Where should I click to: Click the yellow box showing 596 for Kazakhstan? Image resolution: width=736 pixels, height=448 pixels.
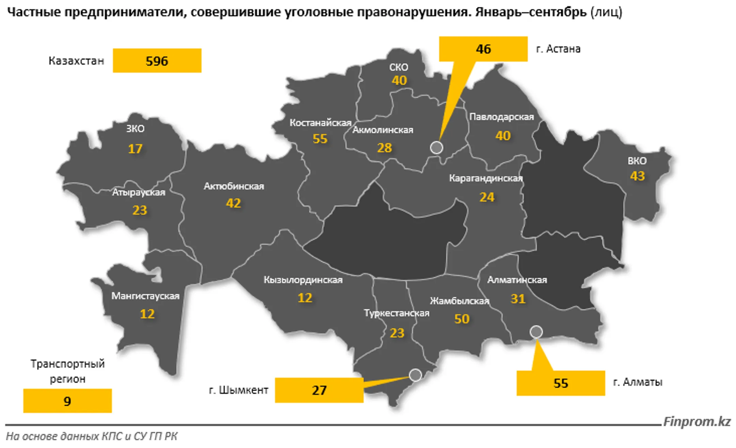[157, 61]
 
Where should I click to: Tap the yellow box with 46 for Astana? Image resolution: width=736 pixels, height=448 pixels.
[483, 49]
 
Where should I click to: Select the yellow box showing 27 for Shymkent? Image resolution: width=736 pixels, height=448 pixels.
[319, 390]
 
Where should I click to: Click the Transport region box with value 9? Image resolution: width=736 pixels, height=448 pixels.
[67, 401]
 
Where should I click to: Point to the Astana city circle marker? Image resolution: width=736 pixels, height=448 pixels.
[436, 148]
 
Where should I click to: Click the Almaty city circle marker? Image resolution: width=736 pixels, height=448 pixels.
[536, 331]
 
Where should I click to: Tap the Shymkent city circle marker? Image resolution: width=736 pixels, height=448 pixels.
[415, 375]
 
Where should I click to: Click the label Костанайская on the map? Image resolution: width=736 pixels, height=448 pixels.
[320, 123]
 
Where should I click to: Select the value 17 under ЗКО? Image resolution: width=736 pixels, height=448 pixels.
[135, 149]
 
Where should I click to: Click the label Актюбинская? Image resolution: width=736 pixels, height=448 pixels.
[234, 186]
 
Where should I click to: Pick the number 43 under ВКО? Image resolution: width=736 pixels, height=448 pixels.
[637, 176]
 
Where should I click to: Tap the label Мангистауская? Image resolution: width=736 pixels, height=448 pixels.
[145, 296]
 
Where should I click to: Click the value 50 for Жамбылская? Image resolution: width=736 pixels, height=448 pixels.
[462, 319]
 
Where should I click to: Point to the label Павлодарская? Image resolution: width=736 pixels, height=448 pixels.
[502, 117]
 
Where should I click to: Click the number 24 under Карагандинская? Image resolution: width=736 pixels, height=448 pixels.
[487, 197]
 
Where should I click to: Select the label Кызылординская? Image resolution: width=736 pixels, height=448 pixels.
[303, 280]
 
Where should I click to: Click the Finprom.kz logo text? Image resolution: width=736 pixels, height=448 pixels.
[697, 422]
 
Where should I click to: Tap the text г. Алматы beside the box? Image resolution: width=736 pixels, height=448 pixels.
[638, 382]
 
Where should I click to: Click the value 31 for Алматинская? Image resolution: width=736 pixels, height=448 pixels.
[518, 299]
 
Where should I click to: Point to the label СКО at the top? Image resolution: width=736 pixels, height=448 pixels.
[399, 67]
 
